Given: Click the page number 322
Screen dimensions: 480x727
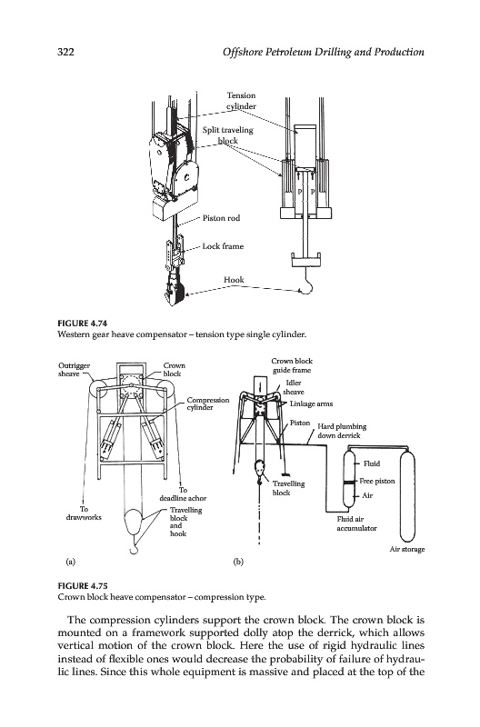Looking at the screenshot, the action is click(x=65, y=52).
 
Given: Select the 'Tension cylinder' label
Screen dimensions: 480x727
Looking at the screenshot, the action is click(x=241, y=101).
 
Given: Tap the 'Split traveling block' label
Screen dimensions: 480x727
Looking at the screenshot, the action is click(x=227, y=134).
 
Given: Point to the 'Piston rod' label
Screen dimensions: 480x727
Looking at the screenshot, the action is click(x=221, y=218).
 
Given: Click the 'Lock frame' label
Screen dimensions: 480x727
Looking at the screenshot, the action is click(x=223, y=246).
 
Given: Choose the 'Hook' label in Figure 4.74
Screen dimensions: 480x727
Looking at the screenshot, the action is click(x=234, y=280).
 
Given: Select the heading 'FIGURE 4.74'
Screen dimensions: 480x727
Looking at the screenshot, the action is click(x=82, y=324).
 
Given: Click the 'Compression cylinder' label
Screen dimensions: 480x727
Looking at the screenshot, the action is click(x=208, y=403).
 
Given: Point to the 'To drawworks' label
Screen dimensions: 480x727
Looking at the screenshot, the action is click(x=84, y=513).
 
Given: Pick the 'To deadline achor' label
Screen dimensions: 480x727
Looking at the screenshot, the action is click(x=183, y=493).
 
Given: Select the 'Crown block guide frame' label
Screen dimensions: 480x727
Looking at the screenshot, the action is click(x=292, y=365).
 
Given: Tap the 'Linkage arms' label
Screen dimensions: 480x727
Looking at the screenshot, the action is click(x=311, y=403).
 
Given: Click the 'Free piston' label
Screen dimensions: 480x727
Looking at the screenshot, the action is click(x=377, y=482).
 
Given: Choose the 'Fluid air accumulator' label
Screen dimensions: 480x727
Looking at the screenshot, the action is click(x=356, y=523).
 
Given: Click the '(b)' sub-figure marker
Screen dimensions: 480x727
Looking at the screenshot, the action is click(x=238, y=563).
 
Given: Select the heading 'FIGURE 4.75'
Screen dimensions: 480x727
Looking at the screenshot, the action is click(x=82, y=586).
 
